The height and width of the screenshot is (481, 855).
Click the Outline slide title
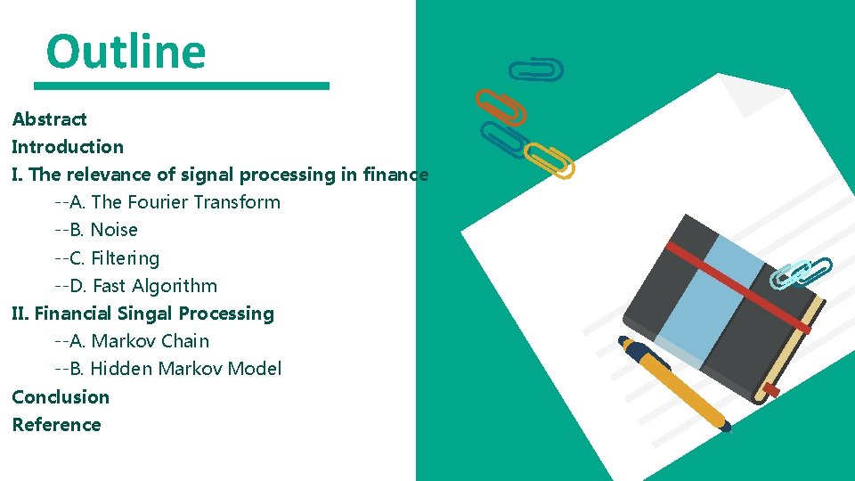click(x=126, y=51)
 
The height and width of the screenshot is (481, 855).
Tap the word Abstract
click(x=50, y=119)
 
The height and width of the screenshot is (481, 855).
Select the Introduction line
click(x=68, y=147)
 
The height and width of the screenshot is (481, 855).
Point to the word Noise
click(x=114, y=230)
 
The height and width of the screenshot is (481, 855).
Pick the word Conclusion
click(x=61, y=397)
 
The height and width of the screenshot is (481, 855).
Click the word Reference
click(x=56, y=425)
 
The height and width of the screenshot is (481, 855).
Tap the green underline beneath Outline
click(x=182, y=86)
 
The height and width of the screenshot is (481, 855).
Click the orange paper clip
click(x=500, y=106)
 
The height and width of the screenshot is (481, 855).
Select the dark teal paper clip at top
click(x=535, y=69)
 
